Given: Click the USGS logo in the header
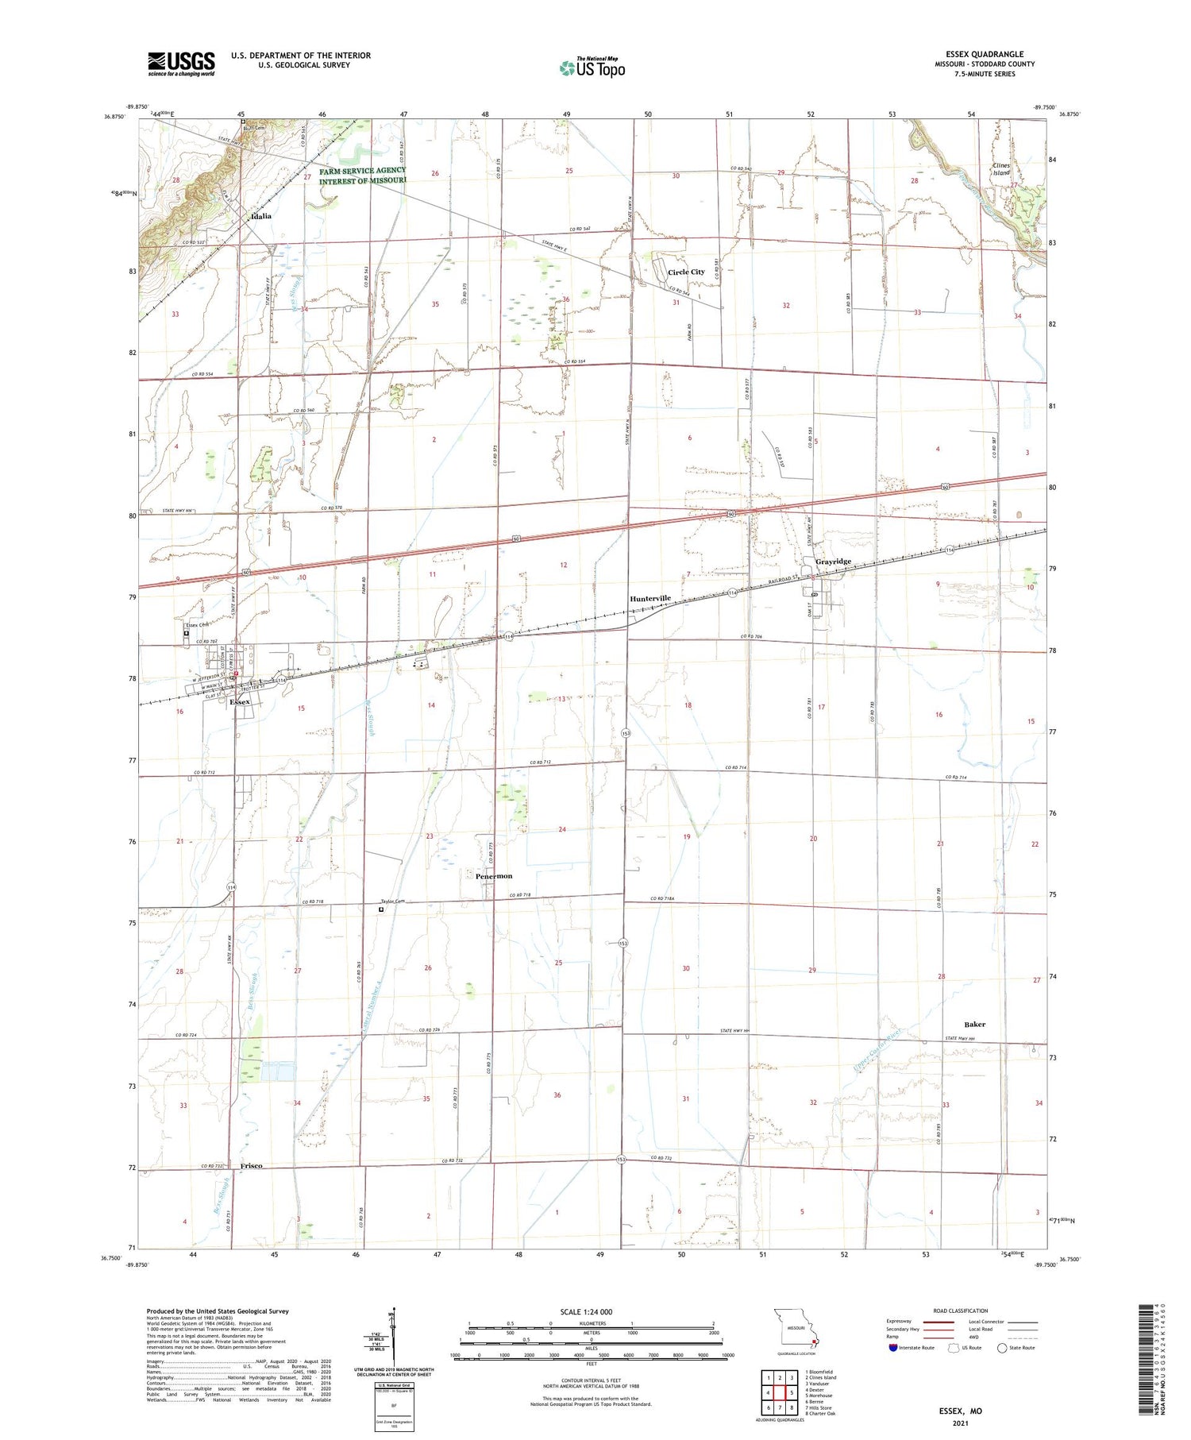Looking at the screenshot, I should click(x=180, y=64).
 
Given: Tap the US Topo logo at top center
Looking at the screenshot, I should click(x=592, y=68).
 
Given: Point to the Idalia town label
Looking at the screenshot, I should click(x=260, y=216).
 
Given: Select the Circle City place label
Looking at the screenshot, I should click(x=685, y=272).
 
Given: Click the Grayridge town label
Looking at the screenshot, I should click(x=833, y=562).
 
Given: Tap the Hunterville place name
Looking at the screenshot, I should click(x=650, y=598).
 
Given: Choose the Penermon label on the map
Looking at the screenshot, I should click(x=494, y=876).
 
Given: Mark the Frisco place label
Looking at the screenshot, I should click(x=251, y=1166).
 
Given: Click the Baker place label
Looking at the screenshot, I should click(x=974, y=1024).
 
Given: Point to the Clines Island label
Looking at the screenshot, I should click(x=1001, y=169).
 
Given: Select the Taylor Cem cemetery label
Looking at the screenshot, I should click(x=393, y=901).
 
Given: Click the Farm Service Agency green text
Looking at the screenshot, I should click(x=362, y=176).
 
